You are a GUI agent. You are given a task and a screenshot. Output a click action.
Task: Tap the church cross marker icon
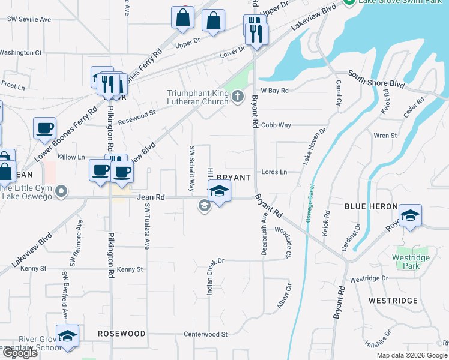238,96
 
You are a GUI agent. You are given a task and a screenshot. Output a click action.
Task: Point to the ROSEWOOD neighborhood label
122,334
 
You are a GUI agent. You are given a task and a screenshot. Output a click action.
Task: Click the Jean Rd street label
151,197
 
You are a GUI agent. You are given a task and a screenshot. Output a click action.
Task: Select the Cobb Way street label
276,125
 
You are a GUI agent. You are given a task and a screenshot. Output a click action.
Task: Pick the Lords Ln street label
274,172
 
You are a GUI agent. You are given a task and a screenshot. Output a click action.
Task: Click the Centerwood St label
205,334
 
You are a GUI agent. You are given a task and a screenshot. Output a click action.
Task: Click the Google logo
19,353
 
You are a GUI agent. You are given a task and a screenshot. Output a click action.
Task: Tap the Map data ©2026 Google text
412,355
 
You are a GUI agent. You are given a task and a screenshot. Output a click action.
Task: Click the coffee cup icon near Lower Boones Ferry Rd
45,129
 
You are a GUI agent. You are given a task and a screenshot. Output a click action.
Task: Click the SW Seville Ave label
29,19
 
